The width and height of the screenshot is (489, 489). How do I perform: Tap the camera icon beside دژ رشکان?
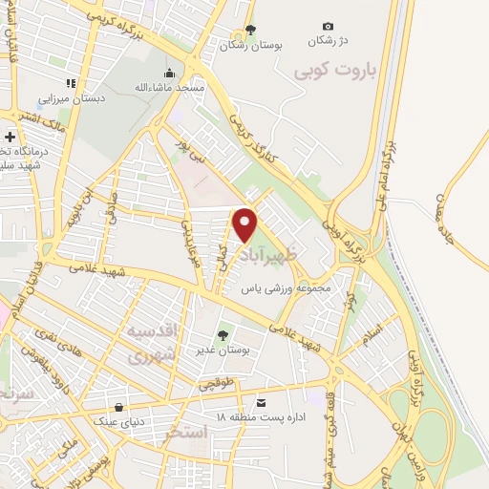329,26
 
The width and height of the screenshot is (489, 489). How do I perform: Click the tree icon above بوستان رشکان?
250,30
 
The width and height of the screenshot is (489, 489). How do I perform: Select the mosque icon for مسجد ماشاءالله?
170,73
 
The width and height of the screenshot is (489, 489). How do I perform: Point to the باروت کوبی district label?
322,71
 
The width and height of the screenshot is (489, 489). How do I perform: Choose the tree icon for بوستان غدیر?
223,334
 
